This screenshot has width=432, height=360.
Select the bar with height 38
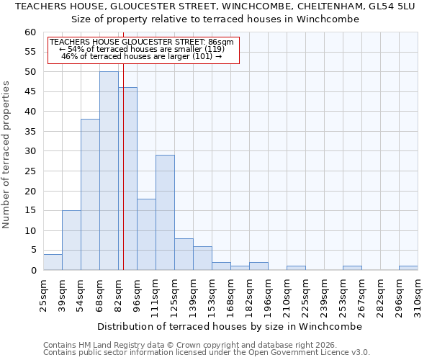(x=90, y=194)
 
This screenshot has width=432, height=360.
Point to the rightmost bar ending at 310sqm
(x=408, y=268)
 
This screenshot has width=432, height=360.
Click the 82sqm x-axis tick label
(x=119, y=296)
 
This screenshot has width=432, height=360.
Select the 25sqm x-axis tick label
(x=44, y=296)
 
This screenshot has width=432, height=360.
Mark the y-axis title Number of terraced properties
(x=7, y=154)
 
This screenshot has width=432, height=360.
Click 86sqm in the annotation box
(x=220, y=42)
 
